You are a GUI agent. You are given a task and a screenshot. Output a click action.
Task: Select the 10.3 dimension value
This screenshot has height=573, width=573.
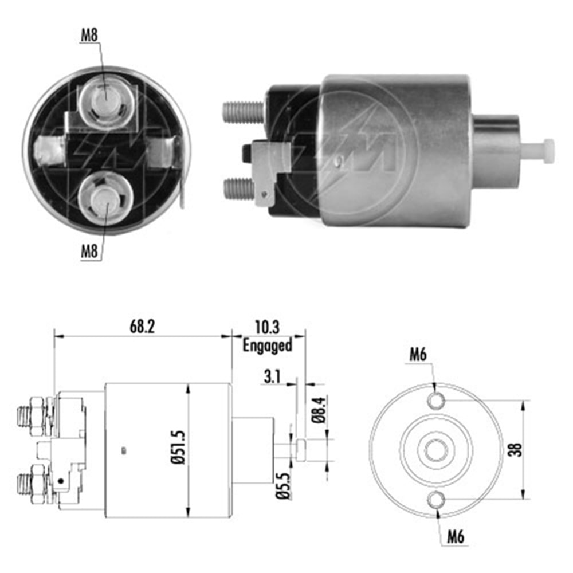pyautogui.click(x=267, y=328)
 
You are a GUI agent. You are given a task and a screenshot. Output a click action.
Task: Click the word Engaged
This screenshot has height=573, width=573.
pyautogui.click(x=267, y=345)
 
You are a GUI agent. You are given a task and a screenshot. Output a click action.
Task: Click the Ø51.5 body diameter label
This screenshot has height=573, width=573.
pyautogui.click(x=179, y=452)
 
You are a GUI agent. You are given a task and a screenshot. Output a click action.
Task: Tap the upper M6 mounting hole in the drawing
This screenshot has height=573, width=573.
pyautogui.click(x=437, y=400)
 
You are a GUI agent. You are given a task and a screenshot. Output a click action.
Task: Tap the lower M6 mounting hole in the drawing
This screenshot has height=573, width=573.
pyautogui.click(x=437, y=500)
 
